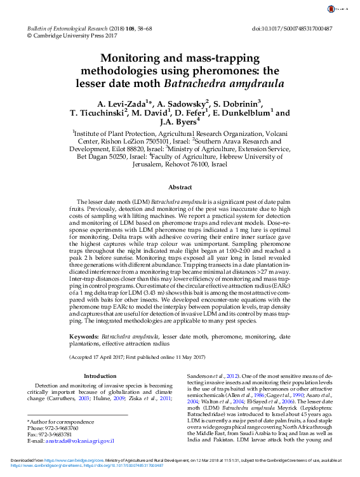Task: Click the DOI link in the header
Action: coord(292,29)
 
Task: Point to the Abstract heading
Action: coord(180,187)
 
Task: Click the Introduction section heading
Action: coord(100,376)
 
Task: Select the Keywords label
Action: coord(84,335)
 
